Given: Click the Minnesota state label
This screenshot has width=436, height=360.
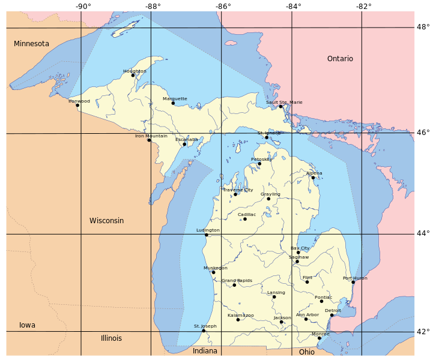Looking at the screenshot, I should pyautogui.click(x=31, y=44).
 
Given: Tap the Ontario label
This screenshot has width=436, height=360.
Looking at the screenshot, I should pyautogui.click(x=340, y=59).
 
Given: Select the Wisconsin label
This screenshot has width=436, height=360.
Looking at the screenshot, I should pyautogui.click(x=106, y=221).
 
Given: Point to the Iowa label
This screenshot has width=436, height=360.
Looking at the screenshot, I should pyautogui.click(x=27, y=325).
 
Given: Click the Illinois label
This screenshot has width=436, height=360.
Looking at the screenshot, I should pyautogui.click(x=111, y=338).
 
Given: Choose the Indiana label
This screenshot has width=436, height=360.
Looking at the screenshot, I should pyautogui.click(x=205, y=351).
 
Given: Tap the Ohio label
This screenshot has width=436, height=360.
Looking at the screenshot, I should pyautogui.click(x=306, y=352).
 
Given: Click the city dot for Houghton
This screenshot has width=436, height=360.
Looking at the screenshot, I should pyautogui.click(x=133, y=76).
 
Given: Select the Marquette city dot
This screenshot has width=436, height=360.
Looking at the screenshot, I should pyautogui.click(x=173, y=103).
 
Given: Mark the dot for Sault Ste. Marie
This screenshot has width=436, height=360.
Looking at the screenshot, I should pyautogui.click(x=280, y=107).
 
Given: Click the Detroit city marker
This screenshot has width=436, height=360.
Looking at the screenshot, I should pyautogui.click(x=332, y=315).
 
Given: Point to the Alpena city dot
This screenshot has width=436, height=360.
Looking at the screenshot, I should pyautogui.click(x=313, y=178).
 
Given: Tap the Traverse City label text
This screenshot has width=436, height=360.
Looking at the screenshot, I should pyautogui.click(x=238, y=190).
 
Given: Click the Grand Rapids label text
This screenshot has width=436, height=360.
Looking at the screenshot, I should pyautogui.click(x=237, y=281).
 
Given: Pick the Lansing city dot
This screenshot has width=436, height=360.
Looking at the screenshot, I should pyautogui.click(x=274, y=297).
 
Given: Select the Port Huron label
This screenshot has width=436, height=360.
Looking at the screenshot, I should pyautogui.click(x=355, y=278).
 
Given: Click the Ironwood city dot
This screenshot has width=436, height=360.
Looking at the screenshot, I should pyautogui.click(x=77, y=106).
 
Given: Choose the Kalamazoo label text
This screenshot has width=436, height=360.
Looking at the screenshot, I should pyautogui.click(x=240, y=316).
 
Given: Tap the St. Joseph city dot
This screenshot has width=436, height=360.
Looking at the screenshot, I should pyautogui.click(x=203, y=331).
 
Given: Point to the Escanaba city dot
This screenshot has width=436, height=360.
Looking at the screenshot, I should pyautogui.click(x=184, y=144).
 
